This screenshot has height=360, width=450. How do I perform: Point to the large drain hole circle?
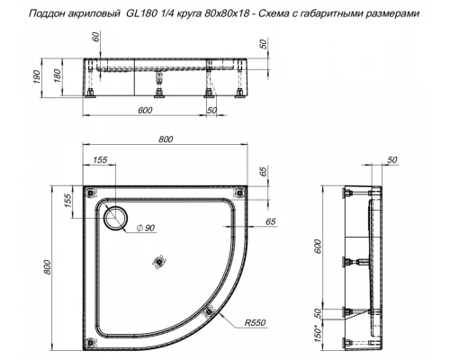pyautogui.click(x=116, y=216)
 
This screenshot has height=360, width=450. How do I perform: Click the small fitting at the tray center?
pyautogui.click(x=160, y=262)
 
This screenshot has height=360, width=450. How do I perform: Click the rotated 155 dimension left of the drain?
pyautogui.click(x=69, y=201)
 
